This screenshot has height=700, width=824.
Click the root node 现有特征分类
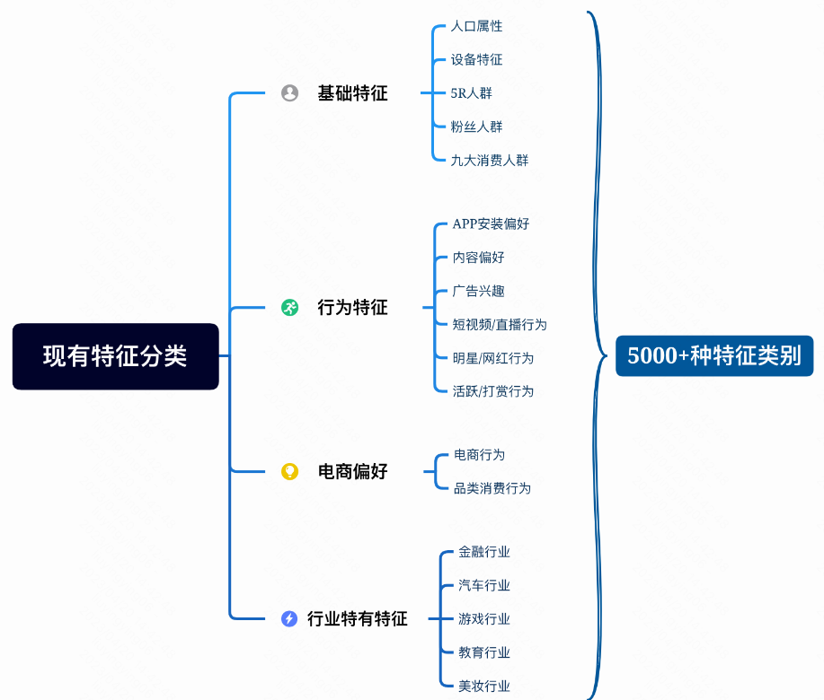pyautogui.click(x=115, y=356)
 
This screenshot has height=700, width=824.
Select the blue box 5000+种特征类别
pyautogui.click(x=713, y=355)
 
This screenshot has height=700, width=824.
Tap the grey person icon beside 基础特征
pyautogui.click(x=289, y=93)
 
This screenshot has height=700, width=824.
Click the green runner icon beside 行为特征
pyautogui.click(x=289, y=308)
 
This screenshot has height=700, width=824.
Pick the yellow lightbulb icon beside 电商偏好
pyautogui.click(x=289, y=471)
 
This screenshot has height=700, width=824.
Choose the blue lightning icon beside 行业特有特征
pyautogui.click(x=289, y=618)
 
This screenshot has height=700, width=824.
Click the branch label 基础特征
pyautogui.click(x=352, y=93)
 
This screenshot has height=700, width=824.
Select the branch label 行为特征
pyautogui.click(x=352, y=308)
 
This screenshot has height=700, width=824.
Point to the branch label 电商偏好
pyautogui.click(x=352, y=471)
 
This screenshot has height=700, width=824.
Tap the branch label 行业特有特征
pyautogui.click(x=357, y=618)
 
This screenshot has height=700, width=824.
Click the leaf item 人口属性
pyautogui.click(x=476, y=26)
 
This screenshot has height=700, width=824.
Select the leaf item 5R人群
pyautogui.click(x=471, y=93)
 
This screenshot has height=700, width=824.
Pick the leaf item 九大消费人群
pyautogui.click(x=490, y=161)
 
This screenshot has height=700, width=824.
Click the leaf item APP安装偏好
pyautogui.click(x=491, y=223)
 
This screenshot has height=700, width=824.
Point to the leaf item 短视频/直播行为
pyautogui.click(x=500, y=324)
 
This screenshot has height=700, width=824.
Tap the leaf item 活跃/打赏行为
pyautogui.click(x=493, y=391)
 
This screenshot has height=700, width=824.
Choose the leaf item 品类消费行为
pyautogui.click(x=492, y=488)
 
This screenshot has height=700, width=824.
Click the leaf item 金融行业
pyautogui.click(x=484, y=552)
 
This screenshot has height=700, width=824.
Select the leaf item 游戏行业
pyautogui.click(x=484, y=619)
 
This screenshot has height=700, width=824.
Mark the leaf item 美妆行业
pyautogui.click(x=484, y=686)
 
